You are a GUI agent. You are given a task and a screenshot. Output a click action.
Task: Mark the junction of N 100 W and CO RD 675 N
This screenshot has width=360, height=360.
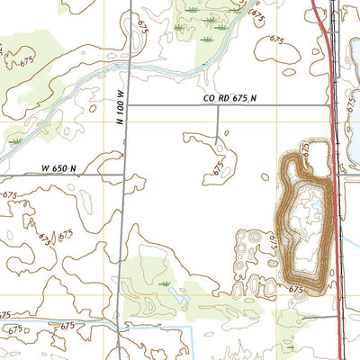tap(125, 105)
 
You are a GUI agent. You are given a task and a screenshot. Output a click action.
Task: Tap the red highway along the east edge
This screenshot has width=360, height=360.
tap(334, 225)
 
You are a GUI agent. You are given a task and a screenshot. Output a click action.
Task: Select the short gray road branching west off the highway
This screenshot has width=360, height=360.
tap(315, 317)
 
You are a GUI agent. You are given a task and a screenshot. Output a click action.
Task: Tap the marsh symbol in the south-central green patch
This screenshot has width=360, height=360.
tap(165, 283)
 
